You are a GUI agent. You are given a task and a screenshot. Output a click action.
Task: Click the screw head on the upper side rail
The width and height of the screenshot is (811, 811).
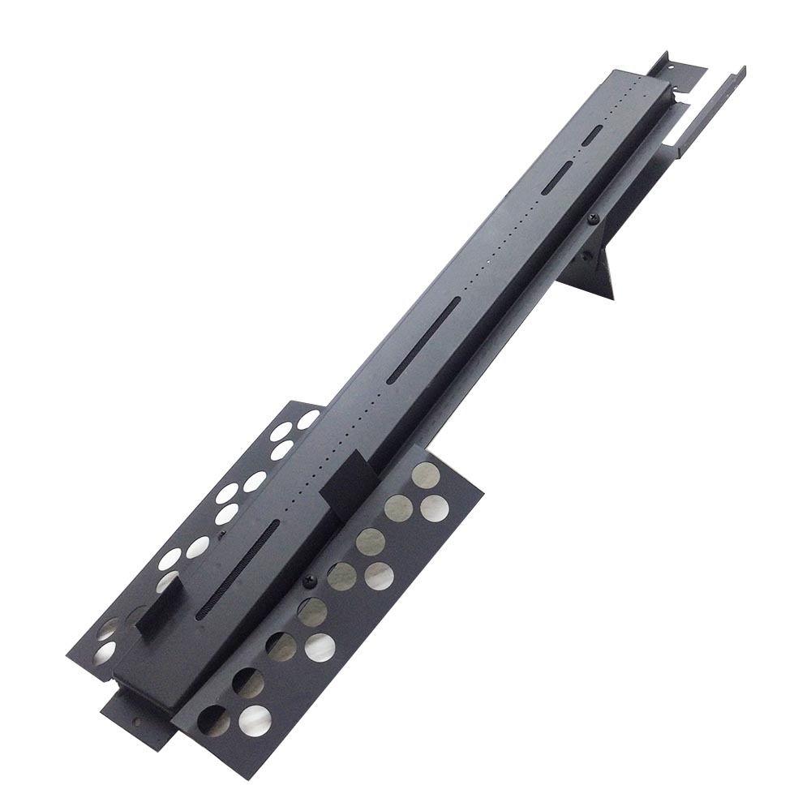tap(594, 219)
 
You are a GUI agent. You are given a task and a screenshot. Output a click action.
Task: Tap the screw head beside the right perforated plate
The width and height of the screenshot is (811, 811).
tap(309, 581)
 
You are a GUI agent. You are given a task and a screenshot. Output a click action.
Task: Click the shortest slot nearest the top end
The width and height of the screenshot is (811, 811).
tap(594, 135)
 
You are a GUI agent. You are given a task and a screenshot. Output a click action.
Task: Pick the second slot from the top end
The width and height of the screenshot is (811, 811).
tap(557, 177)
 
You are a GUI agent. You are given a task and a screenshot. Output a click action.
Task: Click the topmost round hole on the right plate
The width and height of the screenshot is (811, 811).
tap(425, 475)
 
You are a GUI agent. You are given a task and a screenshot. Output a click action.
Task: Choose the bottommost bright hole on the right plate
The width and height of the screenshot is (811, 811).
tap(255, 719)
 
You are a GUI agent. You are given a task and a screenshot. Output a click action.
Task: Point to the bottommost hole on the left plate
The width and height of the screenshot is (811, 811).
tap(105, 654)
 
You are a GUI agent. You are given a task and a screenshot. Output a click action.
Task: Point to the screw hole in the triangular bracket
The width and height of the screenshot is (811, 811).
tap(585, 257)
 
